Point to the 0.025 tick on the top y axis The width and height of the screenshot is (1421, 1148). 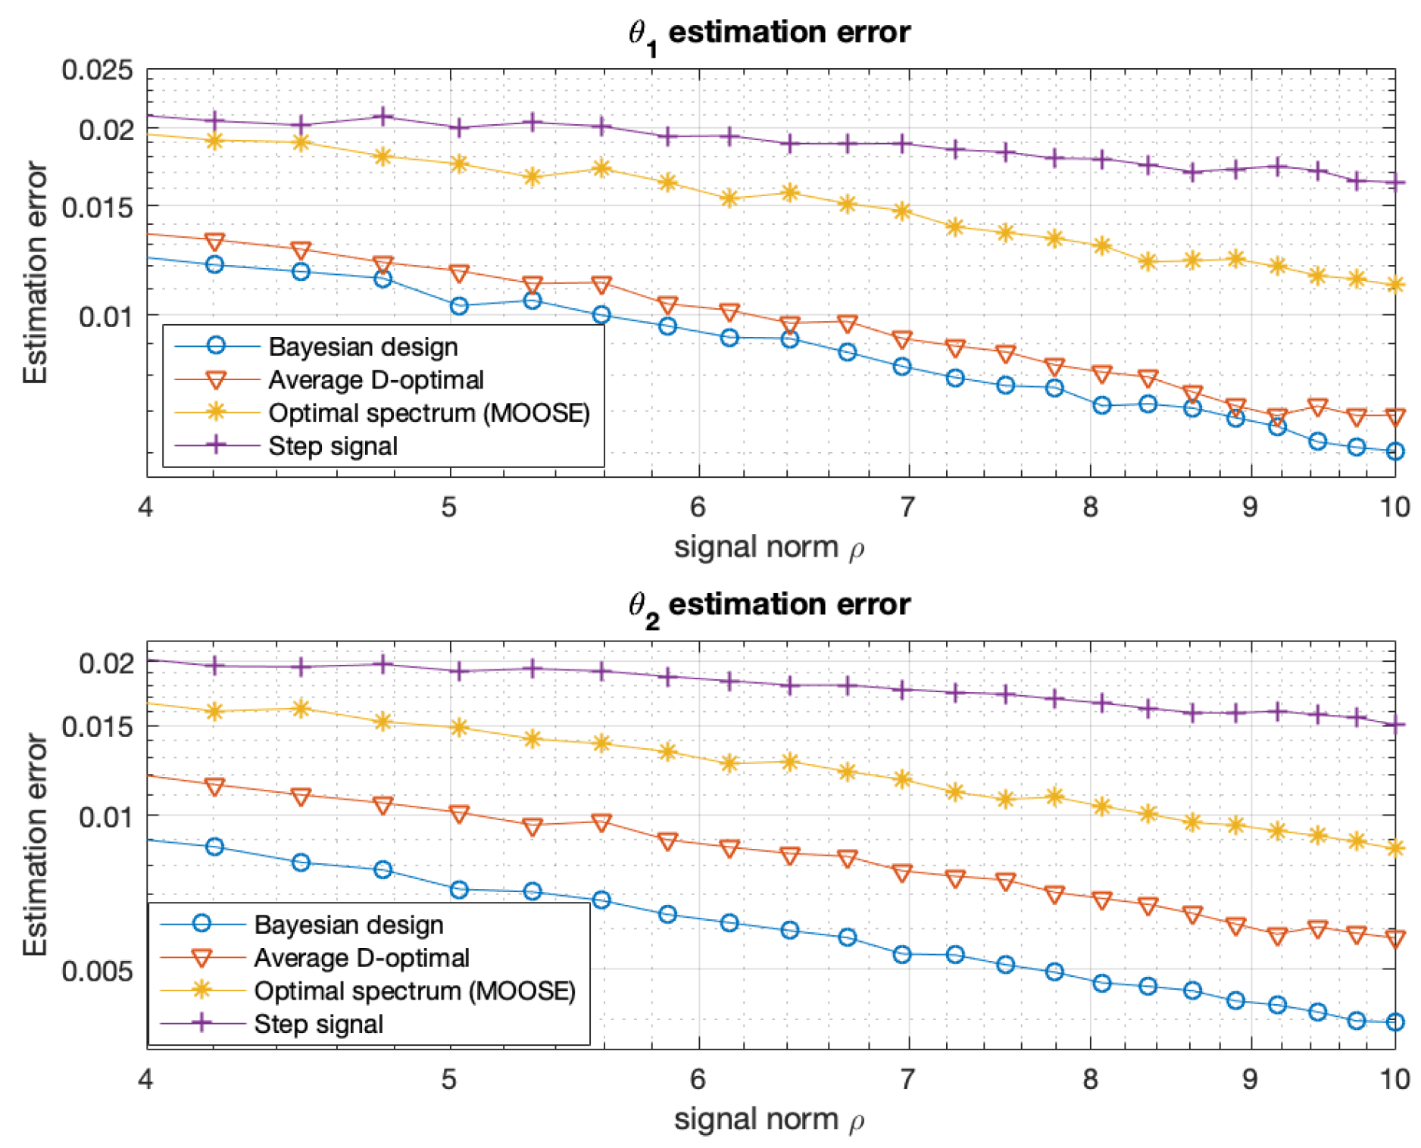coord(97,70)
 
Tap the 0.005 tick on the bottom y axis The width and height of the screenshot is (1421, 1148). coord(97,970)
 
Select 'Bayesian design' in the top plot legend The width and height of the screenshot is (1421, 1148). coord(362,347)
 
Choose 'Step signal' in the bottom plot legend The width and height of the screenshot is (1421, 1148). coord(318,1024)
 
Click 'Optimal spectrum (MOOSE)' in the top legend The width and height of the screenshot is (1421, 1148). coord(429,413)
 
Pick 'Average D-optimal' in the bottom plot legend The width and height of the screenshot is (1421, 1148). coord(361,958)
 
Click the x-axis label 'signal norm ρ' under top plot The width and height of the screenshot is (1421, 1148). coord(769,547)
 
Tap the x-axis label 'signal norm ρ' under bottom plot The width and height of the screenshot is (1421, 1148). coord(769,1119)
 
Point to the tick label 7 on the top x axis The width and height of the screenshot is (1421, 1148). coord(907,507)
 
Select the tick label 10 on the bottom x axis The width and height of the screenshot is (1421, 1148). coord(1394,1078)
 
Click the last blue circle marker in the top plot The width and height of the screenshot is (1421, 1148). coord(1395,451)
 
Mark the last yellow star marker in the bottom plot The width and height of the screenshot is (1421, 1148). coord(1395,848)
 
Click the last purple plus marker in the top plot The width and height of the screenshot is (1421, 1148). coord(1395,182)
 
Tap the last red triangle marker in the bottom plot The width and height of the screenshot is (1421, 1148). coord(1395,939)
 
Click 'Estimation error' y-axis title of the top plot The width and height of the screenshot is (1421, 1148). coord(35,273)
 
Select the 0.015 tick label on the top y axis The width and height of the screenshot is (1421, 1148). coord(97,207)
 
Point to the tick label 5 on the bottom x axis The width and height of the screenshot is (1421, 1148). coord(449,1078)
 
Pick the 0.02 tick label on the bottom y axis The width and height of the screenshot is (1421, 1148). coord(106,663)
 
